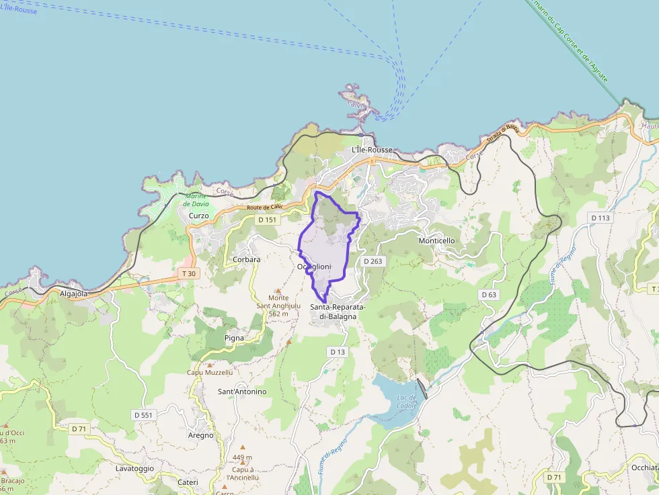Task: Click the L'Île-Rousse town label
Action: (x=372, y=150)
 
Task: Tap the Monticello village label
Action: (x=436, y=240)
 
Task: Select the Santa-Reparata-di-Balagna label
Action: (x=338, y=311)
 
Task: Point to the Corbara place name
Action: (x=246, y=259)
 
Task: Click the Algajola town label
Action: (x=74, y=294)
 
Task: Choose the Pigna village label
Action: (x=235, y=338)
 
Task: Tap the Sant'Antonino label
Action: (x=242, y=392)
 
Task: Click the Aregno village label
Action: (x=200, y=435)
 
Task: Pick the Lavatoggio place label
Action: (x=134, y=468)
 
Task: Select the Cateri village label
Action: (x=188, y=482)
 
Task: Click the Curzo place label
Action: (x=199, y=216)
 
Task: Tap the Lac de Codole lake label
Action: (x=408, y=401)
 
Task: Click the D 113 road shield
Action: (x=600, y=218)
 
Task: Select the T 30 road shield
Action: (x=189, y=274)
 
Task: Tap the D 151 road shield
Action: (x=267, y=220)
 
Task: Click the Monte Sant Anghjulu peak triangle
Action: (x=278, y=291)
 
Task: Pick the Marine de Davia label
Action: (x=196, y=200)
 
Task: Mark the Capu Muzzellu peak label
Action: (x=210, y=372)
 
